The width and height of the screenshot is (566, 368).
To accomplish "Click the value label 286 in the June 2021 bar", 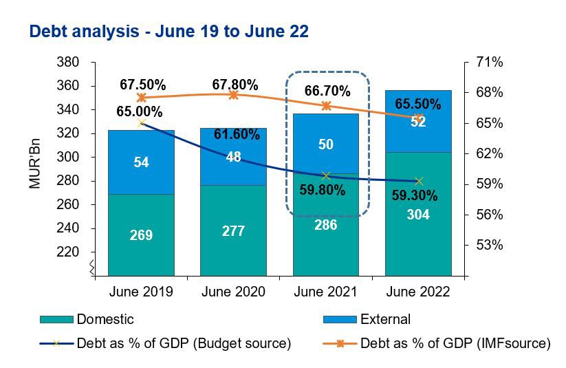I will click(x=325, y=224).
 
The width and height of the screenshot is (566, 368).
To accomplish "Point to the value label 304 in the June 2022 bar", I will click(x=417, y=215).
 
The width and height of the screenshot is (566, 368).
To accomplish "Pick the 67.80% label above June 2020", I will click(x=235, y=85).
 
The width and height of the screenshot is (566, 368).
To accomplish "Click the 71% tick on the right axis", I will click(x=489, y=63).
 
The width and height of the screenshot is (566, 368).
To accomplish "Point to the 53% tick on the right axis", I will click(x=489, y=245).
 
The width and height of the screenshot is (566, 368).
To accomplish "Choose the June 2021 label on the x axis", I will click(x=325, y=292).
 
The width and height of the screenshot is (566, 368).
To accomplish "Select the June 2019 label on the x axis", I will click(x=141, y=292).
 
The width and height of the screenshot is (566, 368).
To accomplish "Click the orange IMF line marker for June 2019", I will click(x=142, y=98).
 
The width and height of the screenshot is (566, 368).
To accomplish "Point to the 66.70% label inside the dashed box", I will click(x=327, y=91).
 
